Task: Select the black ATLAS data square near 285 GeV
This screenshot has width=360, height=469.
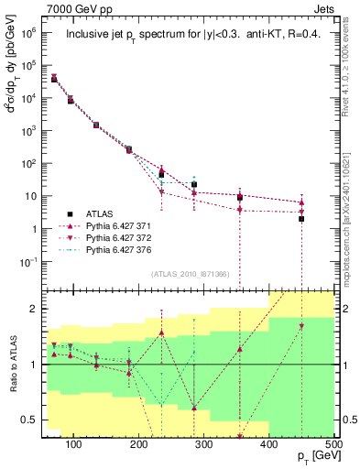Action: click(194, 185)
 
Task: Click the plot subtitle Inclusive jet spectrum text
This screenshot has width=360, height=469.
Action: click(190, 36)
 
